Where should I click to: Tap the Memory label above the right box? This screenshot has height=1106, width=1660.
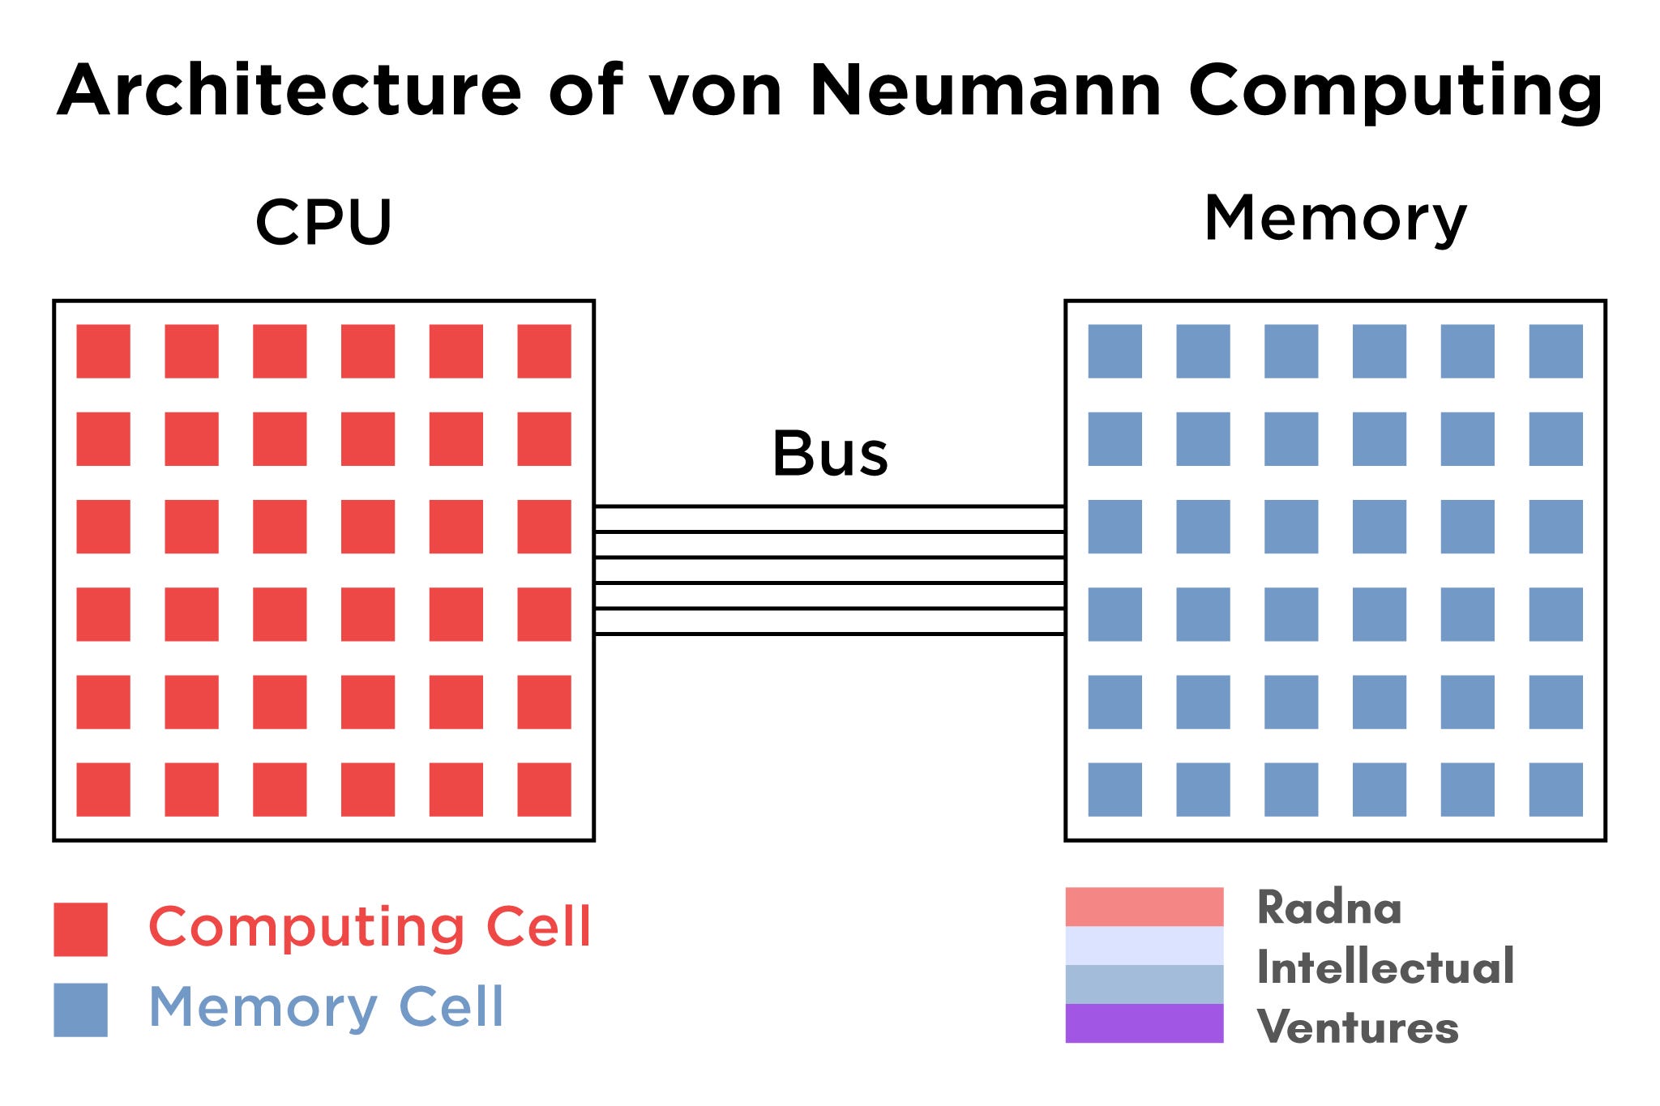1335,218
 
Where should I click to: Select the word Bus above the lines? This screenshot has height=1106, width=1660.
830,454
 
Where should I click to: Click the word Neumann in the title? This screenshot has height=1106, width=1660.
984,90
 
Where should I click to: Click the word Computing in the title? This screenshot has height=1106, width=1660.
1394,92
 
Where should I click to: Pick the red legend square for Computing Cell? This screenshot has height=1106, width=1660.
80,929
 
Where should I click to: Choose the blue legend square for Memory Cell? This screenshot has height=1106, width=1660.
80,1010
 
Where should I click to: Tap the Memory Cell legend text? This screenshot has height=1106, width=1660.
326,1007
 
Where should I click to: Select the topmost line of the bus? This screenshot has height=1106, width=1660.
829,506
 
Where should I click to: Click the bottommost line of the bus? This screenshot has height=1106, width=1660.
829,634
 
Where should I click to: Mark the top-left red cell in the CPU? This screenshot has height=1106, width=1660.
103,351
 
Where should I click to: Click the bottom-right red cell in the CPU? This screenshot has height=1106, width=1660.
544,789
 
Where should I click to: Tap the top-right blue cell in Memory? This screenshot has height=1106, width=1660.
1555,351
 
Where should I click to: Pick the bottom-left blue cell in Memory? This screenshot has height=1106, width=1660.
1115,789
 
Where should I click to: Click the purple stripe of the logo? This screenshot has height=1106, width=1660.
1144,1023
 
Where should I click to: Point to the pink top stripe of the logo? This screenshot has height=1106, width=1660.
1144,907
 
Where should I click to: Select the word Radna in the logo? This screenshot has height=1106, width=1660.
1328,907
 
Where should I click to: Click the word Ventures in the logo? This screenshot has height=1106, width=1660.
1358,1027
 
